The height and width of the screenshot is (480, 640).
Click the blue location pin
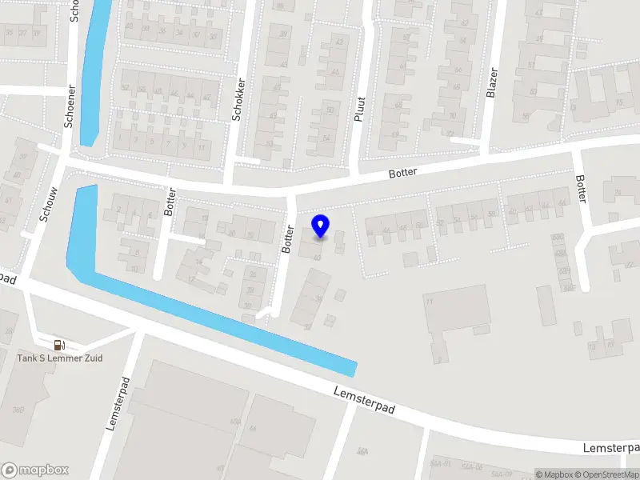pos(321,226)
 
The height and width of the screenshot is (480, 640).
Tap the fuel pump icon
pos(59,345)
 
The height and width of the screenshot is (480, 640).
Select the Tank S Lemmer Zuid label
pos(60,358)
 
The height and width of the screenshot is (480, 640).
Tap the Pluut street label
pos(359,109)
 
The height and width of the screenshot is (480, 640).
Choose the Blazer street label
pos(492,82)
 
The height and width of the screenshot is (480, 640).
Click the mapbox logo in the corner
pos(35,470)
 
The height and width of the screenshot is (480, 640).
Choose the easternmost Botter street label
pos(582,189)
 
